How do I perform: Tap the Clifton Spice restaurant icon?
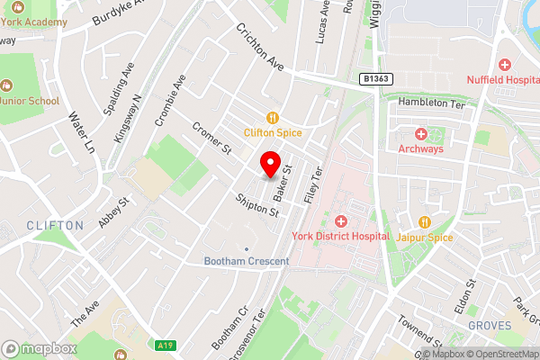point(271,117)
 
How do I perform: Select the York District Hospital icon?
point(340,221)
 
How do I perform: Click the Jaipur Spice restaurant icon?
point(424,221)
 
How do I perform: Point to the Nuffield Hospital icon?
point(504,65)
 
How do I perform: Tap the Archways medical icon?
point(420,134)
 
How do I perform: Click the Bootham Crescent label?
point(246,261)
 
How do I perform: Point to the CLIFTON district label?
point(55,225)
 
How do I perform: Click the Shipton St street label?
point(257,205)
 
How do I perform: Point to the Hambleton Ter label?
point(429,103)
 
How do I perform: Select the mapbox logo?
point(40,348)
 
